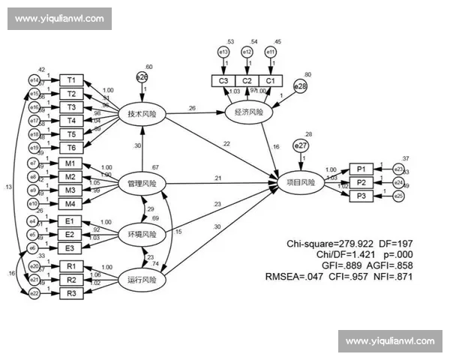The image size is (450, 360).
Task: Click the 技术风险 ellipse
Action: pyautogui.click(x=142, y=113)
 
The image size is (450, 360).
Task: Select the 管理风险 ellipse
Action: pyautogui.click(x=142, y=182)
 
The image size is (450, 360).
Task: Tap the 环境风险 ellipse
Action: pyautogui.click(x=142, y=235)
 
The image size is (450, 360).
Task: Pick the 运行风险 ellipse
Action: pyautogui.click(x=142, y=280)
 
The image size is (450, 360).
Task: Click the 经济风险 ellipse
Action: pyautogui.click(x=247, y=112)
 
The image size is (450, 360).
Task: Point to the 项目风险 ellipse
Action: pyautogui.click(x=301, y=182)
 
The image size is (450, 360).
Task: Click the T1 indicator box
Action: pyautogui.click(x=71, y=79)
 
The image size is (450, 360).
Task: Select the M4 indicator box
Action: pyautogui.click(x=70, y=203)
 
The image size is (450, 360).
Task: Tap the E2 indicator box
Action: pyautogui.click(x=70, y=235)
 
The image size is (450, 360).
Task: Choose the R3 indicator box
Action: pyautogui.click(x=70, y=293)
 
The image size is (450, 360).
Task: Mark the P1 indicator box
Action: pyautogui.click(x=361, y=169)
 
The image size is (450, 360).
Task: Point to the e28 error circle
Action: pyautogui.click(x=300, y=87)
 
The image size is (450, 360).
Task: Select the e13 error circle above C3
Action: pyautogui.click(x=223, y=52)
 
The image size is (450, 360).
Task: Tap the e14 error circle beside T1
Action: pyautogui.click(x=33, y=79)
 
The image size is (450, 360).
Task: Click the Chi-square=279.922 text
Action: pyautogui.click(x=325, y=244)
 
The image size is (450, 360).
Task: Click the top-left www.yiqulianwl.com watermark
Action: pyautogui.click(x=60, y=19)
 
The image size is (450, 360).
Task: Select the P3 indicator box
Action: pyautogui.click(x=361, y=196)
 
